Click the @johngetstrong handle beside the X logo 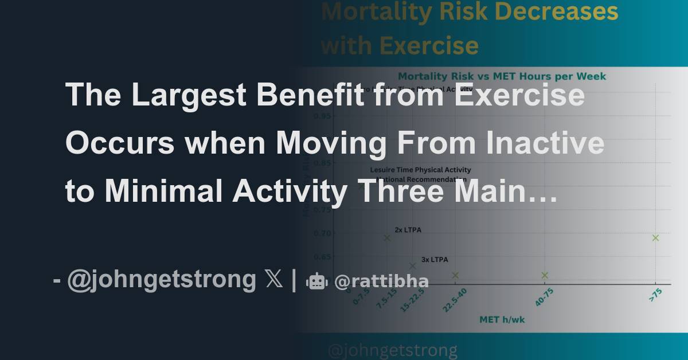click(x=161, y=280)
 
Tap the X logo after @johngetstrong click(x=274, y=280)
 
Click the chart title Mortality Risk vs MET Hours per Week click(x=502, y=76)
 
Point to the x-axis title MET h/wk click(x=502, y=319)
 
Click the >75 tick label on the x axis click(x=655, y=295)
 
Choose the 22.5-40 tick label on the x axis click(x=454, y=300)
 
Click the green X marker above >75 click(x=655, y=238)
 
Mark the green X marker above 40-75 click(x=545, y=275)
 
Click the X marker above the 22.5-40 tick click(x=455, y=275)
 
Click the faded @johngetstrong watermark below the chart click(x=393, y=350)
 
